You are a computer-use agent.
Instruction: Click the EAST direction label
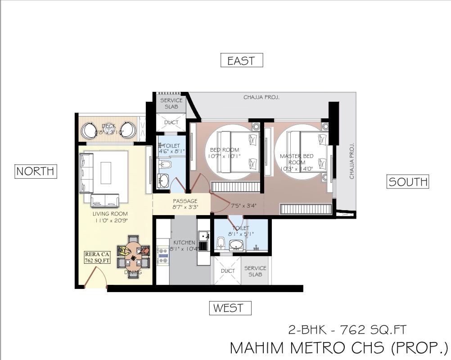pos(241,61)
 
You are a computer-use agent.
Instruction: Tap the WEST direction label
pos(230,308)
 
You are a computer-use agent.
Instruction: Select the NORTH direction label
pos(36,171)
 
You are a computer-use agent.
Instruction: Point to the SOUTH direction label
pos(408,182)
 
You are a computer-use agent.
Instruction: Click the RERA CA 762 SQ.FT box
pos(95,257)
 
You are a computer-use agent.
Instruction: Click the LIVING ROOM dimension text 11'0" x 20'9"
pos(110,220)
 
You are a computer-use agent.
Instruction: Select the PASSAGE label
pos(185,201)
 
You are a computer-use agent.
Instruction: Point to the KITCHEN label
pos(184,243)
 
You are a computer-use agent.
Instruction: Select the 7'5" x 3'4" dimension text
pos(244,206)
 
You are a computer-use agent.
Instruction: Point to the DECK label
pos(108,126)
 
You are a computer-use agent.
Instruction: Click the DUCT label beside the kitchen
pos(228,271)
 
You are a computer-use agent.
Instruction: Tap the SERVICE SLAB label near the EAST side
pos(171,103)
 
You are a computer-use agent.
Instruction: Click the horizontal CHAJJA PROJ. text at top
pos(262,97)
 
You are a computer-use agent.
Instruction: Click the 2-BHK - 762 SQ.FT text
pos(347,329)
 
